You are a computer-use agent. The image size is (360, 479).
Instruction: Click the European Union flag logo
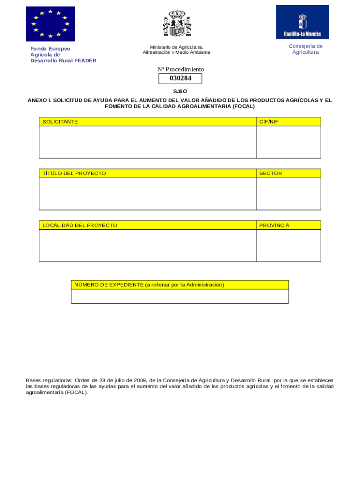coord(50,23)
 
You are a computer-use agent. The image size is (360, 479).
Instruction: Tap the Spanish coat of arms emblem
coord(177,23)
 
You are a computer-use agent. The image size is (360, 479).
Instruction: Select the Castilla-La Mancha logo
coord(302,22)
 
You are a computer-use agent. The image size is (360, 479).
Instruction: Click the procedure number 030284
coord(180,78)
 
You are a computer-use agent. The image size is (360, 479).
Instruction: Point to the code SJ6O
coord(180,91)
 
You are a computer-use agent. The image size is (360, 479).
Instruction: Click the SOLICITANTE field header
coord(60,122)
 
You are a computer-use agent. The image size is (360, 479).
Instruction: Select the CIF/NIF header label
coord(269,122)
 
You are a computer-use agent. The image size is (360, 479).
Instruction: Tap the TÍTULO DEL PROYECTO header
coord(74,174)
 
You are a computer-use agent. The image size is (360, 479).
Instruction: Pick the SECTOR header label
coord(271,174)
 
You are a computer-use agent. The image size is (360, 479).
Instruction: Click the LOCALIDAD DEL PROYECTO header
coord(80,225)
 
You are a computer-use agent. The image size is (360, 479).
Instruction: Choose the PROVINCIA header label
coord(274,225)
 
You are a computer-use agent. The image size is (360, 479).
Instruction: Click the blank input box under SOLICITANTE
coord(147,142)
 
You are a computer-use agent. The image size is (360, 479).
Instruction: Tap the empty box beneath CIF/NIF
coord(288,142)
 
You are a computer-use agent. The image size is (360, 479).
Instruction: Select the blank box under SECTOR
coord(288,194)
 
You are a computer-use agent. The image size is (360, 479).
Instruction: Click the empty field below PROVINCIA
coord(288,246)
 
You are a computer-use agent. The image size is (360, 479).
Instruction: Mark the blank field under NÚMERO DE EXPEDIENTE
coord(180,297)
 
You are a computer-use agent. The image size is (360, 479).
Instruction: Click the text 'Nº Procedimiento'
coord(181,69)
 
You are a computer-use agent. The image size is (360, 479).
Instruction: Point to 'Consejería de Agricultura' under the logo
coord(306,49)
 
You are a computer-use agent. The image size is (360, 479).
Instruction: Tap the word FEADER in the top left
coord(85,60)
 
